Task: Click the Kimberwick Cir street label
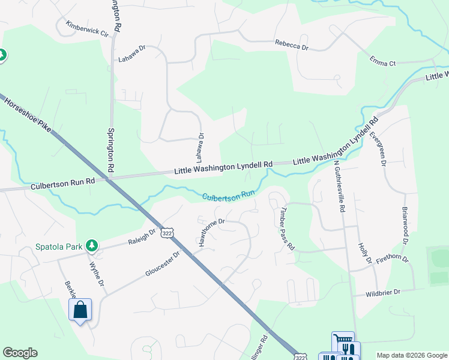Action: pos(88,28)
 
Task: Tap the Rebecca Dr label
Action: pos(292,44)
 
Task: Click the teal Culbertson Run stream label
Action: pos(229,196)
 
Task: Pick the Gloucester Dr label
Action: pos(163,264)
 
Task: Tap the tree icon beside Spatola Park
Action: pos(91,245)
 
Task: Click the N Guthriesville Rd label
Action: pos(340,187)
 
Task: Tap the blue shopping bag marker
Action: pos(80,310)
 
